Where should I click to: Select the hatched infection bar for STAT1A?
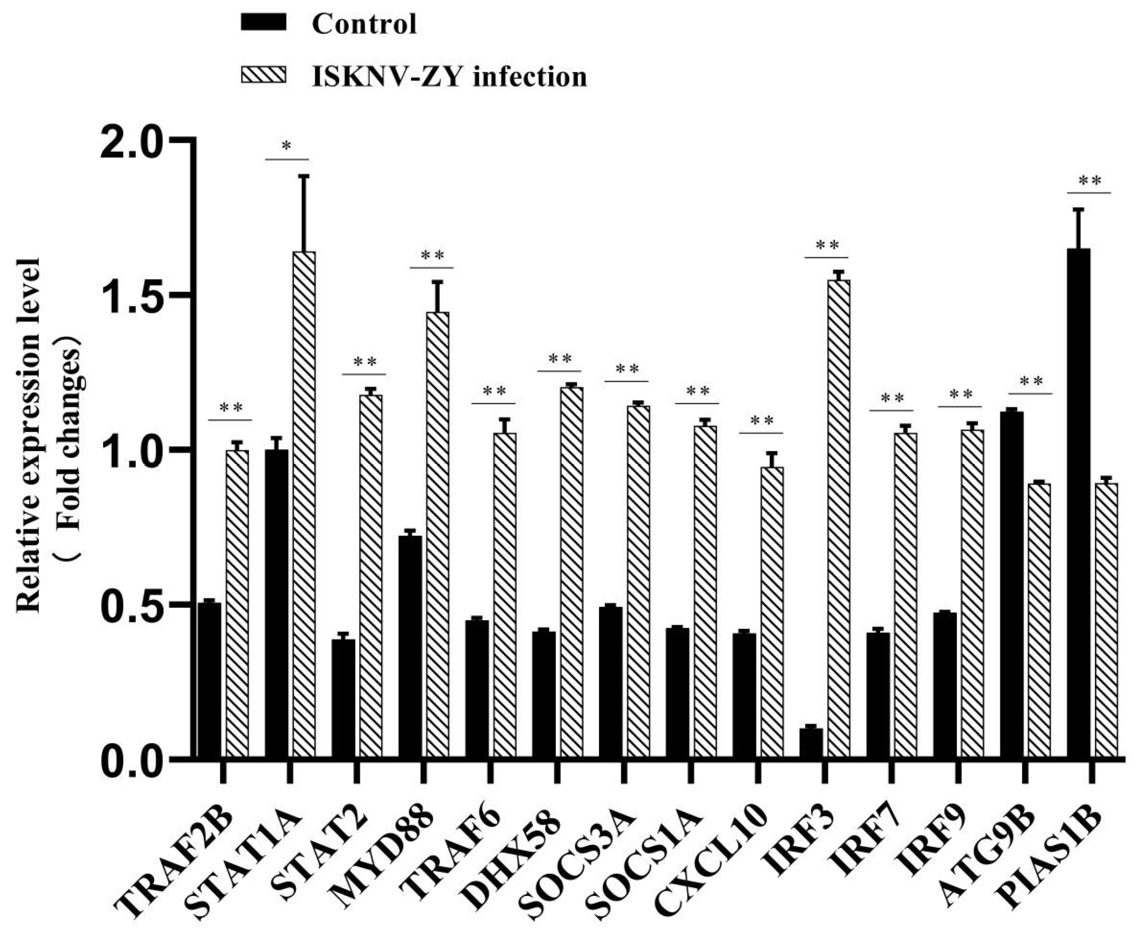(x=304, y=504)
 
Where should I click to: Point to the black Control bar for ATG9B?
(x=1012, y=585)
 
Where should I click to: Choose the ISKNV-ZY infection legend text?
(x=449, y=77)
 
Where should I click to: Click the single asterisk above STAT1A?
(x=287, y=146)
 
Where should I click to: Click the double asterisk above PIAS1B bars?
(x=1089, y=181)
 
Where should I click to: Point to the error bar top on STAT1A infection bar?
(x=304, y=175)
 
